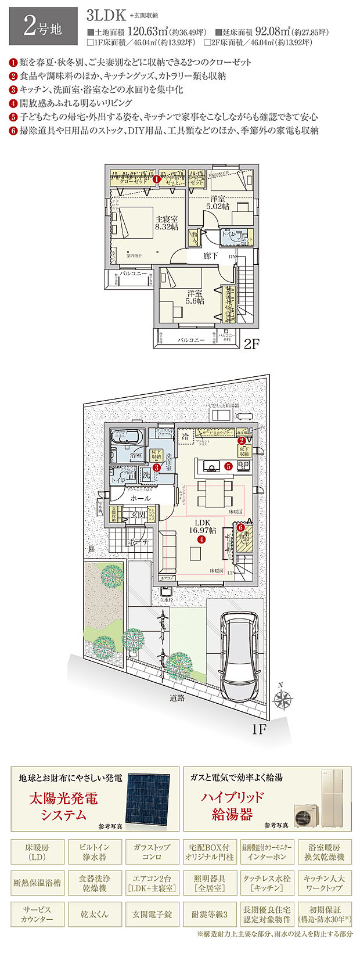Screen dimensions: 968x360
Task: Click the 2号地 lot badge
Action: (43, 27)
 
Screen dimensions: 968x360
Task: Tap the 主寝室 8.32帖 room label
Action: (166, 224)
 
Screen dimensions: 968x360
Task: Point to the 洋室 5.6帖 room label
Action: (195, 297)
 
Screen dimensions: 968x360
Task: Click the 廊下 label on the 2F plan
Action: (210, 256)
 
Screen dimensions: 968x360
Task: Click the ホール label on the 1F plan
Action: (141, 498)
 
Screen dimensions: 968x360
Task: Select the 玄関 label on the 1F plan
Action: (138, 514)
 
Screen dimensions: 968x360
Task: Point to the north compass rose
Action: (283, 697)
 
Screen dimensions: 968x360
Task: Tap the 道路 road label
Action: (177, 698)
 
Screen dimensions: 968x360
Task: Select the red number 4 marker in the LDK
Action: (201, 539)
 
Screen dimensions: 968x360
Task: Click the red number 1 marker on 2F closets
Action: (157, 180)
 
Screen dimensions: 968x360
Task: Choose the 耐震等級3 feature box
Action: (209, 915)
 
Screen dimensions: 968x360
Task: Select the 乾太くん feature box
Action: (95, 915)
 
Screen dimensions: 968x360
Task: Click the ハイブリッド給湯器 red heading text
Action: (232, 805)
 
